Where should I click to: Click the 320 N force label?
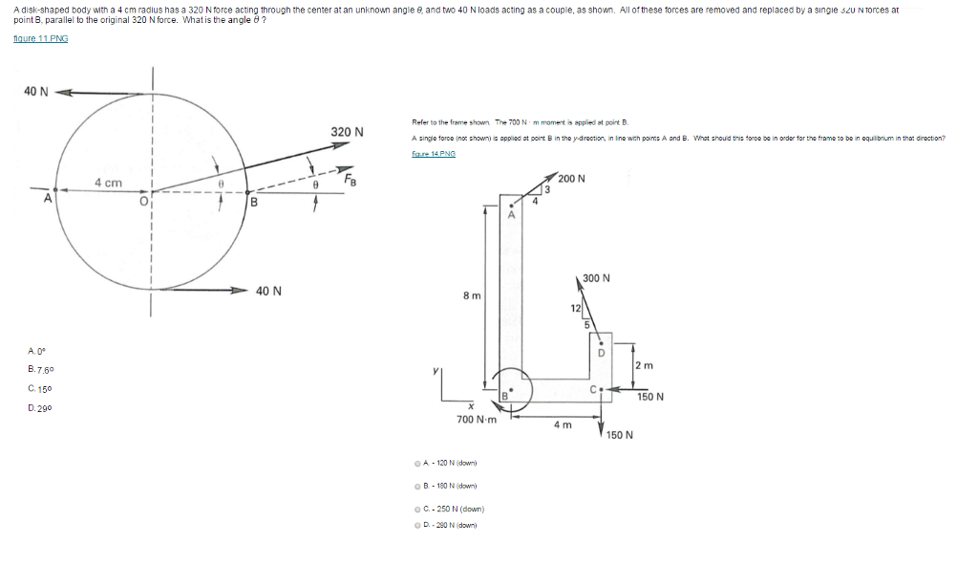click(347, 131)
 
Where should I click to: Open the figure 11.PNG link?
click(40, 37)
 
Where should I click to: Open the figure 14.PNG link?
click(434, 153)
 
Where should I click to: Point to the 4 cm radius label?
click(108, 182)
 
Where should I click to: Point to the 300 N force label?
click(596, 278)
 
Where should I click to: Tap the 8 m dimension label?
click(471, 295)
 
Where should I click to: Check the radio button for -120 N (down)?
click(418, 463)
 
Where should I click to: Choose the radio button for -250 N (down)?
click(418, 510)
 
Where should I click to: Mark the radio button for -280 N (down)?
click(418, 525)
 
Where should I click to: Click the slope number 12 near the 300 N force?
click(575, 308)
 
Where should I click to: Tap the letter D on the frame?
click(602, 353)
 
